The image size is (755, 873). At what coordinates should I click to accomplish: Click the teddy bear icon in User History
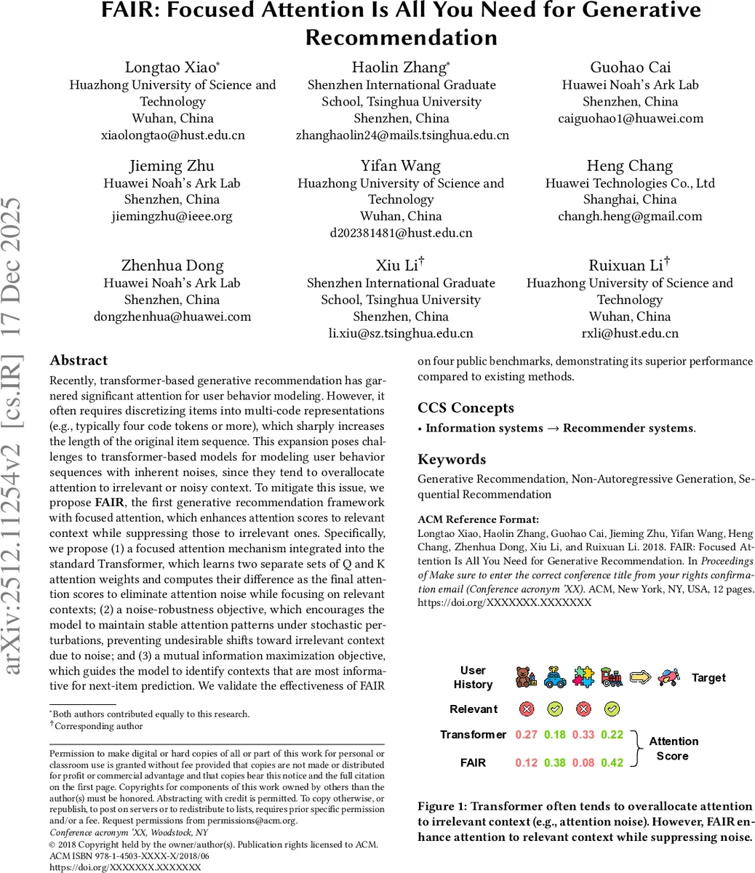click(526, 677)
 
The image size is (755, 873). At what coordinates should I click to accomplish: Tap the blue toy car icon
click(555, 677)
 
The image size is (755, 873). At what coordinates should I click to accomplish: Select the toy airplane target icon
click(668, 677)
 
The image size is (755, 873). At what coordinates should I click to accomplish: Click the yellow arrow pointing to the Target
click(640, 677)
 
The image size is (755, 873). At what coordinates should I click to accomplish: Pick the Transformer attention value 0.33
click(583, 735)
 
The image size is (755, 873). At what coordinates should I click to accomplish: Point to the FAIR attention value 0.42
click(612, 763)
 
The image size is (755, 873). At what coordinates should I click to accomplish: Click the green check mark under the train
click(612, 709)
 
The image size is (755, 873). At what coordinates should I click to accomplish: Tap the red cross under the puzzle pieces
click(583, 709)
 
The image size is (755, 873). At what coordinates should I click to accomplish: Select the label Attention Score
click(673, 749)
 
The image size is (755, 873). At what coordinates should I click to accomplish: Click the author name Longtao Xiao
click(172, 68)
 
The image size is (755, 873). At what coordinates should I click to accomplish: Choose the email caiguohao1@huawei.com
click(630, 119)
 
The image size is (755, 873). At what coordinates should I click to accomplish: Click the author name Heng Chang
click(630, 167)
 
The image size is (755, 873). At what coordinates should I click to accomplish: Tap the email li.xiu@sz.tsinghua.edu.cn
click(401, 333)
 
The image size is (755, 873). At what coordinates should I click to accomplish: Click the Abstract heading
click(79, 361)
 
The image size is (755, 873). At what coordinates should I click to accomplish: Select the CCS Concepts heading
click(466, 408)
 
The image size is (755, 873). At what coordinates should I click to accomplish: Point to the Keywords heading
click(452, 460)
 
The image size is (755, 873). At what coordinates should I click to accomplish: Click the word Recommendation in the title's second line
click(401, 37)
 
